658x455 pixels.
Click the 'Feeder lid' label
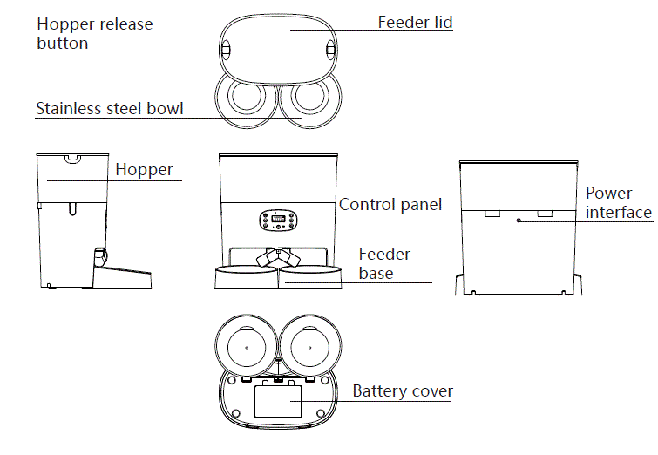click(415, 22)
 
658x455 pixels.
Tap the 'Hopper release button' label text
click(94, 33)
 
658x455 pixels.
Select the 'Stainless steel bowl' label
click(109, 109)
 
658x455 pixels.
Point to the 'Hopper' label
click(144, 170)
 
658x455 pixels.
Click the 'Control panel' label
click(390, 205)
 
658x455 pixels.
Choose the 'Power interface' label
click(618, 202)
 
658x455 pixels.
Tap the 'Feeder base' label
click(384, 263)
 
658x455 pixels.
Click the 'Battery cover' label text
click(403, 391)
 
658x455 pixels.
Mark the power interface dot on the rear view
click(519, 221)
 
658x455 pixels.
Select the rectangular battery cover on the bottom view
click(278, 402)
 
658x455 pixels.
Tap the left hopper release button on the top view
click(225, 50)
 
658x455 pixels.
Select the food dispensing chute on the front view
click(278, 258)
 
